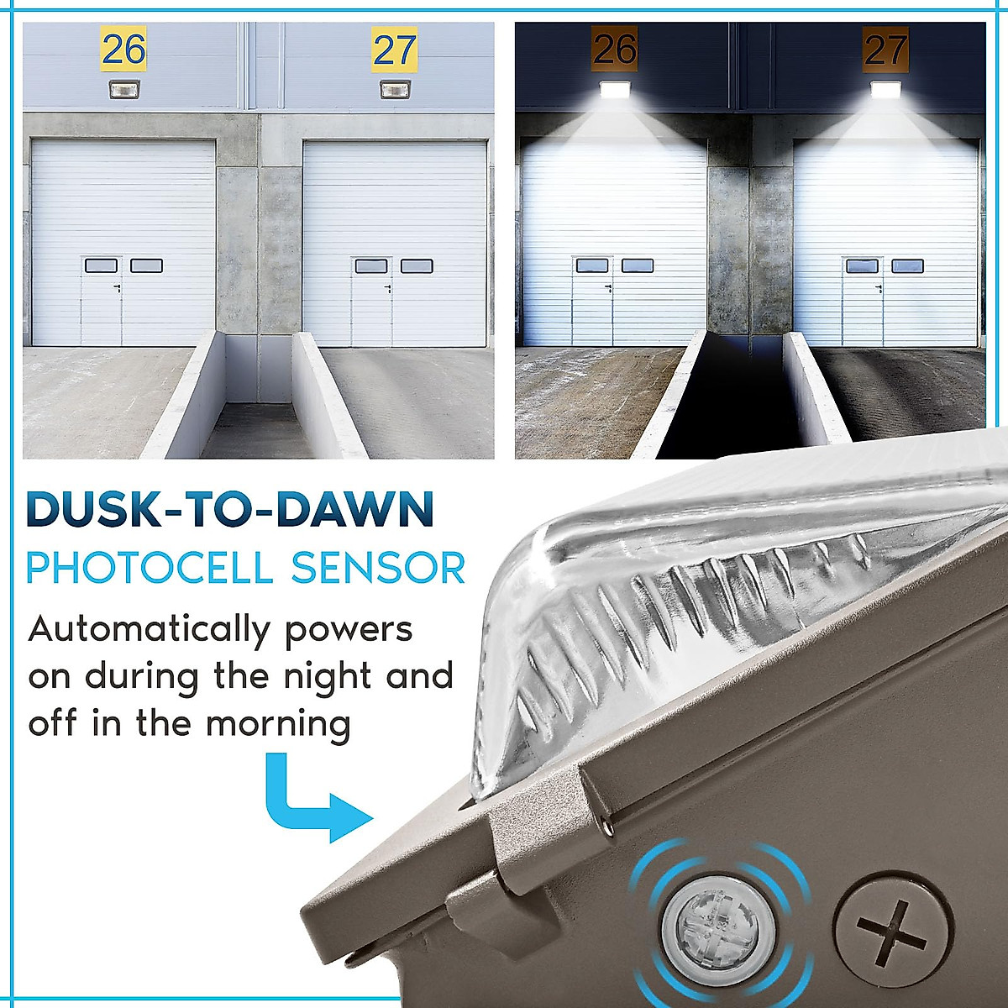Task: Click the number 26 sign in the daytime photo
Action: pyautogui.click(x=123, y=50)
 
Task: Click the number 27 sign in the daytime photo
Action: pyautogui.click(x=394, y=50)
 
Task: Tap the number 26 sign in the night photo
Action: pyautogui.click(x=615, y=49)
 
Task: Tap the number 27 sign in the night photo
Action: pyautogui.click(x=885, y=50)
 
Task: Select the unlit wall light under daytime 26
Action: pyautogui.click(x=123, y=89)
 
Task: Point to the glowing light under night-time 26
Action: pyautogui.click(x=615, y=89)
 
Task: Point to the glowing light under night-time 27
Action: pyautogui.click(x=885, y=89)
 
